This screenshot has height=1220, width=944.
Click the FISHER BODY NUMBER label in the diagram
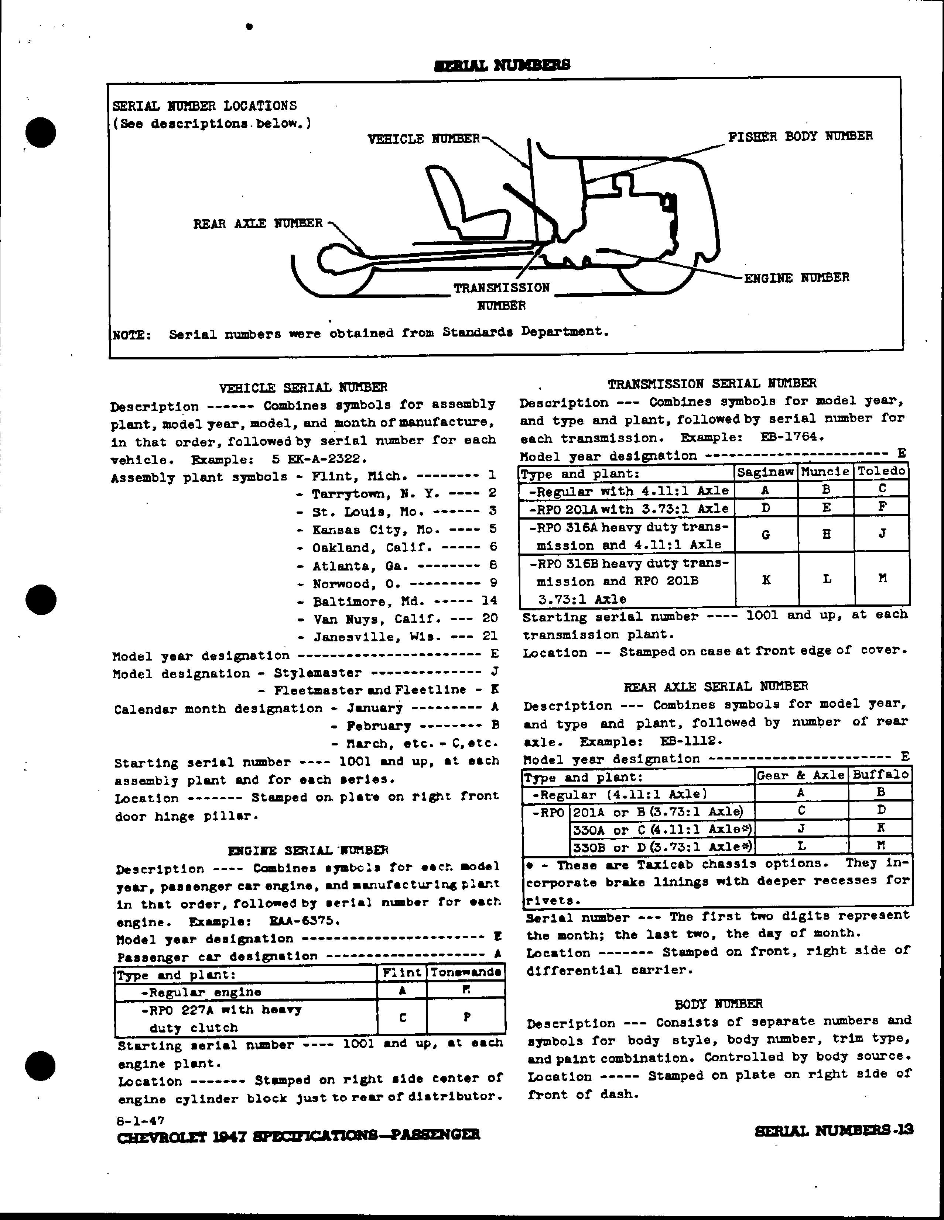(x=800, y=136)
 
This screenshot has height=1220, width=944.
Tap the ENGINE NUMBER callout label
(x=796, y=278)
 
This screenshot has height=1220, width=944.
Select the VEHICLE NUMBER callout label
(x=424, y=139)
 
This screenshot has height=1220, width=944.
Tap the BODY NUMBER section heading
(x=718, y=1004)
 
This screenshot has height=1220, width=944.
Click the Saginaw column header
(x=765, y=472)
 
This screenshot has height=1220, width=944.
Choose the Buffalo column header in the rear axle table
(x=880, y=775)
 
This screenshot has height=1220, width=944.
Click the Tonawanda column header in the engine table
(x=466, y=972)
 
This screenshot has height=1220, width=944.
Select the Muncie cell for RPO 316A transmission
(x=826, y=535)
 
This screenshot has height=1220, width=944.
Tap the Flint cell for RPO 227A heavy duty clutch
(x=402, y=1018)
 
